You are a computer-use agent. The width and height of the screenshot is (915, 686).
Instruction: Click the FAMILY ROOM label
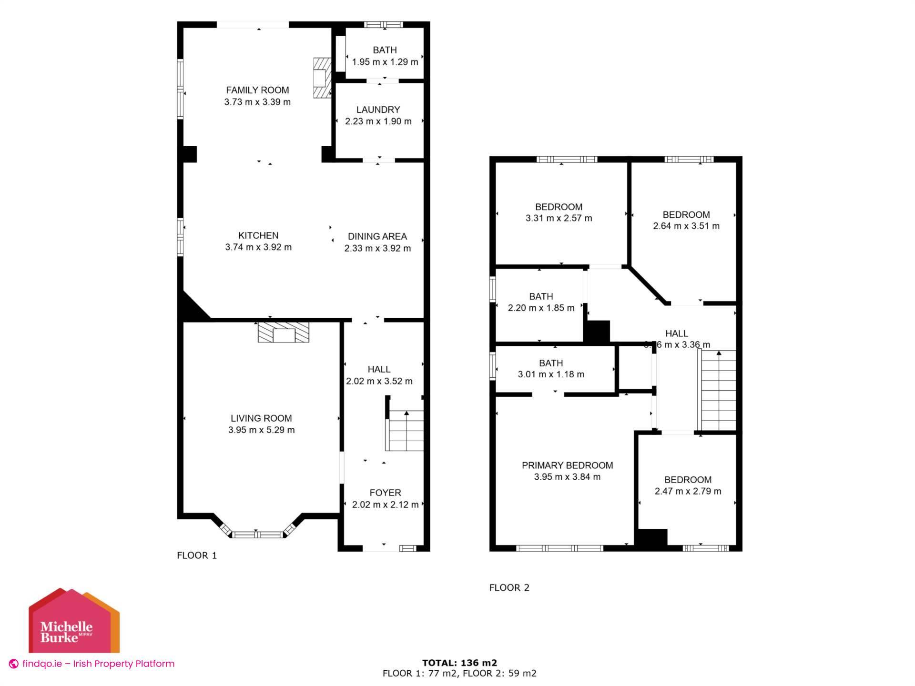[x=257, y=90]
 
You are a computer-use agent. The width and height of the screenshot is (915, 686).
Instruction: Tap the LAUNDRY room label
[x=378, y=110]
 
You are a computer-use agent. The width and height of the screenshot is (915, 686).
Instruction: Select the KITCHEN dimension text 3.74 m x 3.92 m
[x=258, y=247]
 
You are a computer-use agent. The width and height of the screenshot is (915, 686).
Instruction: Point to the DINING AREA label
[x=377, y=236]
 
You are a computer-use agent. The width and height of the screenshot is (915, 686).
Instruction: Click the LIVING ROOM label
[x=261, y=418]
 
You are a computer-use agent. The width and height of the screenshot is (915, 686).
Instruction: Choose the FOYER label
[x=386, y=493]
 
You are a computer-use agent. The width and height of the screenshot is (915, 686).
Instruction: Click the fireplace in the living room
[x=284, y=332]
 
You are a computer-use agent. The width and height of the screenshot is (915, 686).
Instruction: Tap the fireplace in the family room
[x=322, y=78]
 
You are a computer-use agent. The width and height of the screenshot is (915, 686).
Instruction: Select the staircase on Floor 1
[x=405, y=431]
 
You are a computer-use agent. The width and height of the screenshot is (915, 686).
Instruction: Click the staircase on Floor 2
[x=717, y=391]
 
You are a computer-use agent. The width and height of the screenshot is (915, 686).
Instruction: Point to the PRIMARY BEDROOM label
[x=567, y=465]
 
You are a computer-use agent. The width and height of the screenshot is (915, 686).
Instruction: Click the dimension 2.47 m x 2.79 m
[x=688, y=491]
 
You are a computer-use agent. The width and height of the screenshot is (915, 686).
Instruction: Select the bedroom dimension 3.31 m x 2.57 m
[x=559, y=218]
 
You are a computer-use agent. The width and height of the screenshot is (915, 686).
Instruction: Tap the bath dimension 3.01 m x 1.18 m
[x=551, y=374]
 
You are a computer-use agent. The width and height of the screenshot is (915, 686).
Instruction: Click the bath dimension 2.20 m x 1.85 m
[x=541, y=308]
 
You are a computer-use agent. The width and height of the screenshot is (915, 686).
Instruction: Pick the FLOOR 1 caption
[x=197, y=555]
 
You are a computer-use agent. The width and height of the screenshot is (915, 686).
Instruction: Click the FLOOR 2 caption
[x=509, y=588]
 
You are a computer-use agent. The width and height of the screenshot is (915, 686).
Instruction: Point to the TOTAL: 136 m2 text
[x=459, y=663]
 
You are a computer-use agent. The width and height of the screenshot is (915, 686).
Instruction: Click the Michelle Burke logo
[x=74, y=620]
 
